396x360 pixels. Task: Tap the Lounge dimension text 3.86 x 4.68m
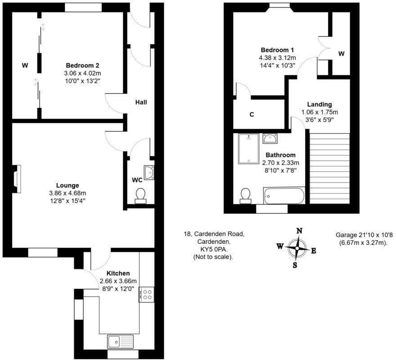67,193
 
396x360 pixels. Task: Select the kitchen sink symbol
120,342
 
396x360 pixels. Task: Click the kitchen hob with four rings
147,294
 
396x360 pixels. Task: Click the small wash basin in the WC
149,173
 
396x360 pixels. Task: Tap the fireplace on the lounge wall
17,179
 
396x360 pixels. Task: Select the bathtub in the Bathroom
284,196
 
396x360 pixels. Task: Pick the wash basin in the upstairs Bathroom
270,138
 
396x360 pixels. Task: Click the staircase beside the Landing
329,168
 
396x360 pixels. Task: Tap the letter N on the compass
299,231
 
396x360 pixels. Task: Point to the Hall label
141,102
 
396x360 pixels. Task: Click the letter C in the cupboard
252,114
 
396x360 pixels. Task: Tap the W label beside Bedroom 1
341,54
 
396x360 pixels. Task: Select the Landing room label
319,104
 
